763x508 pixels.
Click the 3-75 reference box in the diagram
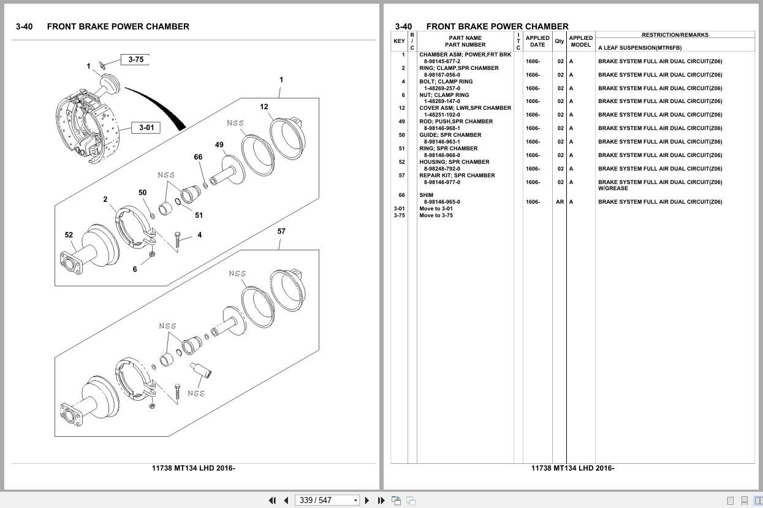(135, 60)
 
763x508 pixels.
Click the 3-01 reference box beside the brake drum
(146, 128)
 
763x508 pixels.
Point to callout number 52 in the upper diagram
(69, 235)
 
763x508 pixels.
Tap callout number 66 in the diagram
(198, 157)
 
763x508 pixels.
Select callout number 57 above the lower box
(281, 231)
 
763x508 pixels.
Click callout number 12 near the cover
(264, 107)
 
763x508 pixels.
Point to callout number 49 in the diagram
(219, 145)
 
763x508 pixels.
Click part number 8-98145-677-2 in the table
(442, 61)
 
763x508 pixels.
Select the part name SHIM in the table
(426, 195)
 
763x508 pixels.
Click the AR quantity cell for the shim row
(560, 202)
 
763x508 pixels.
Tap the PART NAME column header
(465, 38)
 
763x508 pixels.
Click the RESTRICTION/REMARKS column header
(675, 35)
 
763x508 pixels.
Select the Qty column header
(560, 41)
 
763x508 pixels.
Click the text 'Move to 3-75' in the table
(436, 215)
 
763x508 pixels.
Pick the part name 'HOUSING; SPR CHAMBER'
(454, 162)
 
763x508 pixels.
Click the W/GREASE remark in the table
(613, 188)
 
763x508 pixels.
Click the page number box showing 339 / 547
(327, 500)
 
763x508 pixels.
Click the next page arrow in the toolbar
(367, 500)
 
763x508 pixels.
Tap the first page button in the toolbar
(272, 500)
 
